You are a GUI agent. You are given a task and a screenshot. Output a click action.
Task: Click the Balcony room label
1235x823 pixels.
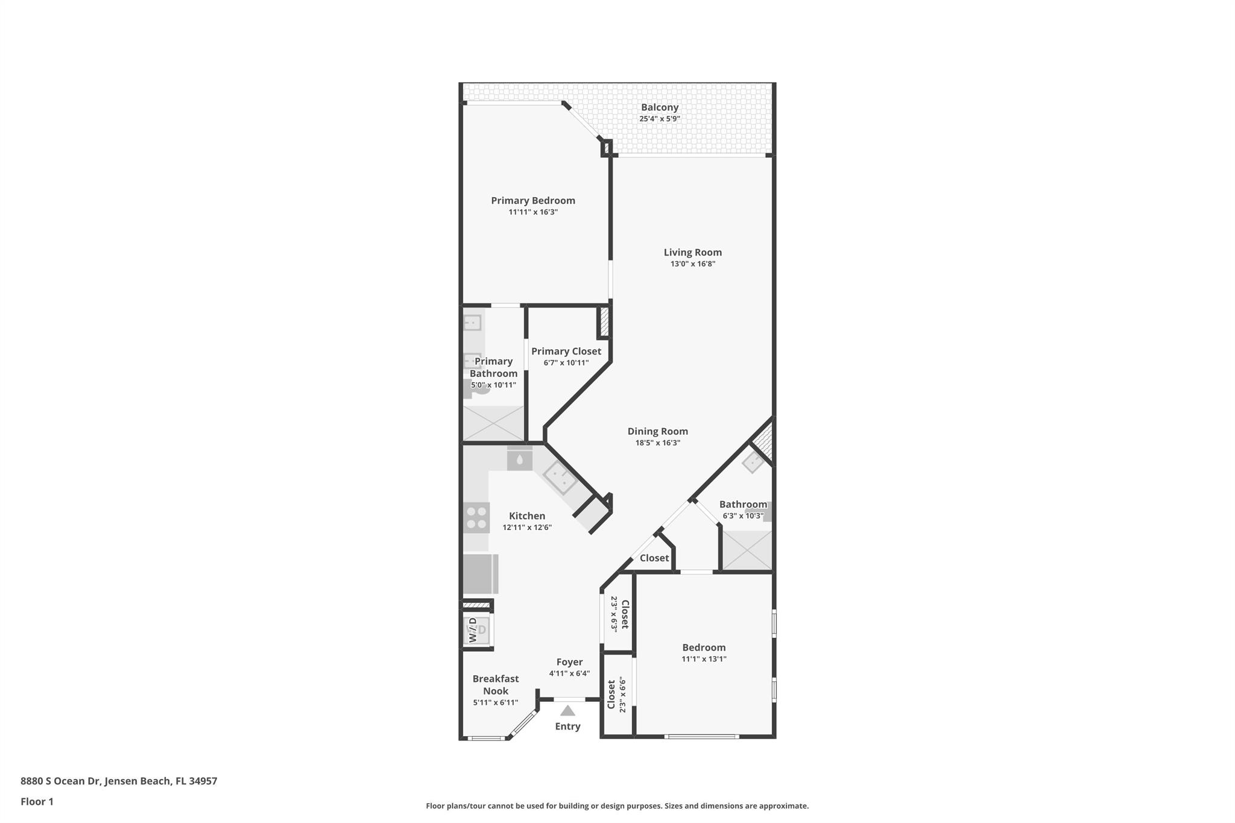[659, 107]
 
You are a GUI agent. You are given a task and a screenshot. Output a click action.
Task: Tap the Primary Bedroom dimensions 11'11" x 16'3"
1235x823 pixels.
[533, 212]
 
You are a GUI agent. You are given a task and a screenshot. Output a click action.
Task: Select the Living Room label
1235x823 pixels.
[692, 253]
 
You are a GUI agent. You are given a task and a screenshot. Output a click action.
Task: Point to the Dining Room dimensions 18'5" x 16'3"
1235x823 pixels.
[657, 443]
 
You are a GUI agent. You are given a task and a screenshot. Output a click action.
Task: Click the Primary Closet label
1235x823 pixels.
[566, 351]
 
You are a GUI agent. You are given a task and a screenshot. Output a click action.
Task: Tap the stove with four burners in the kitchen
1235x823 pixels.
[477, 518]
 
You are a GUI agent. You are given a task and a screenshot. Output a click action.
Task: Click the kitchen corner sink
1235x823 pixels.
[560, 477]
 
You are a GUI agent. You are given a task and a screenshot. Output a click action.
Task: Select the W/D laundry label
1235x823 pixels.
[473, 629]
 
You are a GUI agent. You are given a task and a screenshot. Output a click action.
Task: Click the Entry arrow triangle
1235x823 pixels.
[567, 711]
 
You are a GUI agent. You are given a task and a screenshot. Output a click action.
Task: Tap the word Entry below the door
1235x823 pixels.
[567, 727]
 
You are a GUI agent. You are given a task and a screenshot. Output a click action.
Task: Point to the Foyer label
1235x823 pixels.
[569, 662]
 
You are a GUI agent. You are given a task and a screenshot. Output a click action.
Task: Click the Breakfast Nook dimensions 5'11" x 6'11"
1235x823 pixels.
[495, 702]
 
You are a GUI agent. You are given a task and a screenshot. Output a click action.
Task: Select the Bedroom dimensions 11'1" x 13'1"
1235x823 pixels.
[704, 659]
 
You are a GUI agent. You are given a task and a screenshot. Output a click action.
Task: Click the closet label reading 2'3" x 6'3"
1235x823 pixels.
[614, 613]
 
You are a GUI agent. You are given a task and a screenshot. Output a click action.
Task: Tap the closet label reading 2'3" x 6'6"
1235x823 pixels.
[622, 695]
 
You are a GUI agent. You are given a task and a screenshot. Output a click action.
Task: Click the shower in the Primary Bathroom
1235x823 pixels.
[493, 423]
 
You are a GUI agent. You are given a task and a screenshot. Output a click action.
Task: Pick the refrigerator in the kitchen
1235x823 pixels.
[480, 574]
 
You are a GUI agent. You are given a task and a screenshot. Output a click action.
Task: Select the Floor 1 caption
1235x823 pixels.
[37, 801]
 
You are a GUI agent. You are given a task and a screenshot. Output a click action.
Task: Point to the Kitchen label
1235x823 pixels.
[527, 516]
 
